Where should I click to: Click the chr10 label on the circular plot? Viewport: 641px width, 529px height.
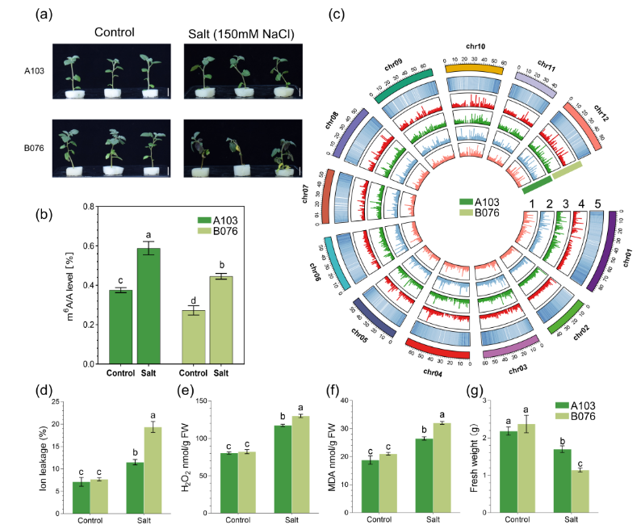click(x=476, y=47)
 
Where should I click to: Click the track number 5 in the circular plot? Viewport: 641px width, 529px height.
click(x=598, y=203)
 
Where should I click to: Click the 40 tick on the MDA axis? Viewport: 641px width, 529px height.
click(x=353, y=401)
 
